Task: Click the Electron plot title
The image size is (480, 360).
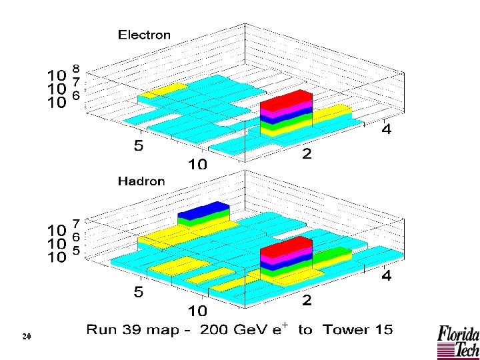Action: [x=144, y=35]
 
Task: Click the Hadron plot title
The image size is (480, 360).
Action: [x=141, y=181]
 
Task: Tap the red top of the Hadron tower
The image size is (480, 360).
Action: [x=287, y=245]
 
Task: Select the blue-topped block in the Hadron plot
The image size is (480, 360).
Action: [x=204, y=209]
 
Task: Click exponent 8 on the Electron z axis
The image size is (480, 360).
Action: [x=77, y=69]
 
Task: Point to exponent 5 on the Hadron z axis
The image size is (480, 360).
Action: [x=77, y=251]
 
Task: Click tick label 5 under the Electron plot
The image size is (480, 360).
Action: [x=138, y=146]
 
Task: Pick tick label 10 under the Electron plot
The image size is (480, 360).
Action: [x=197, y=164]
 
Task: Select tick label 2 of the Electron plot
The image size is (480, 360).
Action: [x=307, y=155]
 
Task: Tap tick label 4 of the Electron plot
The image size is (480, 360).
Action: [x=386, y=129]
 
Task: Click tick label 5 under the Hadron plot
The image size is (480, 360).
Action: [x=138, y=292]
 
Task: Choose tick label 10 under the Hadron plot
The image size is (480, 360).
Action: [x=197, y=311]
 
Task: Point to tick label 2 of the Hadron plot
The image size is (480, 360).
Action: [x=307, y=301]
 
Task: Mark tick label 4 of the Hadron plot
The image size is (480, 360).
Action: [x=386, y=275]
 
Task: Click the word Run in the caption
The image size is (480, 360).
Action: [x=103, y=330]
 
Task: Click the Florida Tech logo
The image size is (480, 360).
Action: [x=457, y=341]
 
